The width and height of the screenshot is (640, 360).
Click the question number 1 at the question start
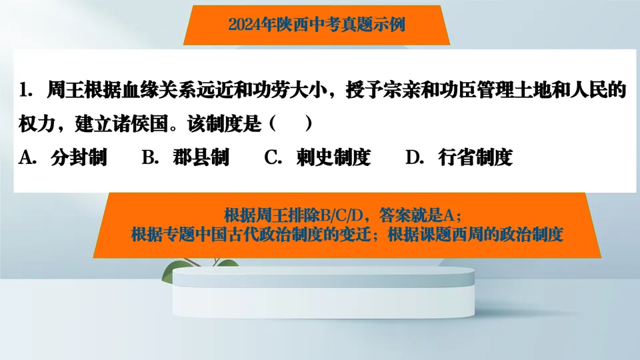pyautogui.click(x=26, y=90)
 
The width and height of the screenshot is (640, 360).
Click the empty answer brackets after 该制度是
pyautogui.click(x=290, y=124)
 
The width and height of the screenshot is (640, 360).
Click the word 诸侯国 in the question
pyautogui.click(x=149, y=124)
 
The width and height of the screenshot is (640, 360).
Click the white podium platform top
pyautogui.click(x=320, y=275)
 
